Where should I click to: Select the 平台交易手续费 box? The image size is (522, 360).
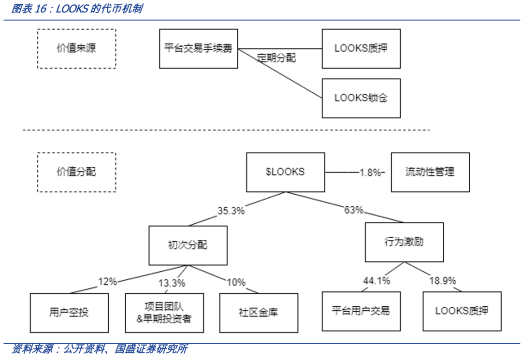tap(199, 49)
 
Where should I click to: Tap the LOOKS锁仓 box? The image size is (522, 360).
tap(361, 98)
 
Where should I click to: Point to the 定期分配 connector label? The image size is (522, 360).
tap(276, 58)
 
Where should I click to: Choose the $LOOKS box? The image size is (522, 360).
tap(286, 173)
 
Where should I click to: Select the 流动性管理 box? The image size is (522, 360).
tap(431, 173)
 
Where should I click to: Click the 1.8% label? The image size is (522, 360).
tap(370, 173)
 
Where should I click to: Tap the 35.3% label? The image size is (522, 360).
tap(231, 211)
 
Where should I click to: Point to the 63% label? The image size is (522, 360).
tap(353, 210)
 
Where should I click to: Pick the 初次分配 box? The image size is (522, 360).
tap(188, 245)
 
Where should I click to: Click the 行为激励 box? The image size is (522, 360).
tap(405, 242)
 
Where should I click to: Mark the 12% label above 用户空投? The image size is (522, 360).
tap(107, 282)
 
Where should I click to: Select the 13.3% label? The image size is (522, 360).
tap(172, 283)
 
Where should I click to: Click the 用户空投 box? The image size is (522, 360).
tap(69, 313)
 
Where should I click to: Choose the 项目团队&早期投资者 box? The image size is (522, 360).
tap(164, 313)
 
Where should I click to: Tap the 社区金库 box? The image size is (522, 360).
tap(259, 313)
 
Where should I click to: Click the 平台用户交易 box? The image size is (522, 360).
tap(361, 311)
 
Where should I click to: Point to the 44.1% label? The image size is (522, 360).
tap(377, 280)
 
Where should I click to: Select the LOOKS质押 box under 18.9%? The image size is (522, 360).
tap(462, 311)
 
